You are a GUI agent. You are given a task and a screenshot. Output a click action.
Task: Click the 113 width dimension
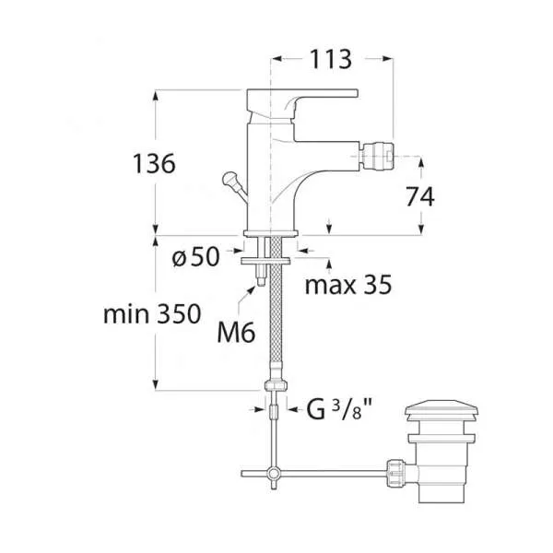coord(331,59)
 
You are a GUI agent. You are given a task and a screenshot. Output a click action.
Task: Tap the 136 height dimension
coord(154,163)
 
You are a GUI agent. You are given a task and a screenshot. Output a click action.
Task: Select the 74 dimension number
coord(420,197)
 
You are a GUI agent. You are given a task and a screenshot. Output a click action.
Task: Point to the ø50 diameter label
coord(195,256)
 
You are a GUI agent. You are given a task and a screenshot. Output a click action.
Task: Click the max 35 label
coord(348,285)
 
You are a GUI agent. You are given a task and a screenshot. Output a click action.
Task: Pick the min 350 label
coord(152,314)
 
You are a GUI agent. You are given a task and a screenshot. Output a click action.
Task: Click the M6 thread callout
coord(236,333)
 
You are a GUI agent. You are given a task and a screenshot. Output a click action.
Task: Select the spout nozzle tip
coord(376,155)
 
